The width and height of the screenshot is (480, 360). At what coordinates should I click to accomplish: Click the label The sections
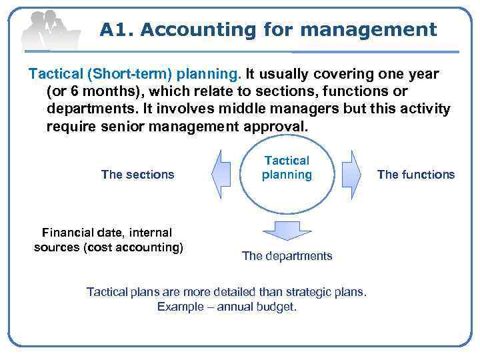[137, 175]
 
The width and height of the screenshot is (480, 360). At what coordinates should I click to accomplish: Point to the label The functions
[415, 175]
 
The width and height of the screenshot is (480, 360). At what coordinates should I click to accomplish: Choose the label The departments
[287, 256]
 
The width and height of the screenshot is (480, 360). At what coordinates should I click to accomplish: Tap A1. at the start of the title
[117, 30]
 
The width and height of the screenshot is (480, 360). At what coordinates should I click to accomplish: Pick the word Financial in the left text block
[69, 233]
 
